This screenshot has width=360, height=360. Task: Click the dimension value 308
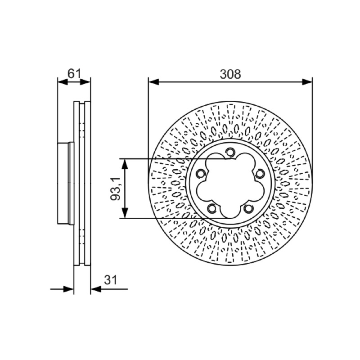point(230,74)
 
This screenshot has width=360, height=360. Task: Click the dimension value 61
point(74,73)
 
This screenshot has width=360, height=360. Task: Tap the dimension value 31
point(111,280)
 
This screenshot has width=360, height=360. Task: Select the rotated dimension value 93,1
point(116,189)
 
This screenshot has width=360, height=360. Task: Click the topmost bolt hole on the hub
point(230,152)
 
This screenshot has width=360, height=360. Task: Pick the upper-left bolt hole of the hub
point(201,174)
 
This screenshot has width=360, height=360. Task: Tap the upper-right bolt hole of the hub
point(260,174)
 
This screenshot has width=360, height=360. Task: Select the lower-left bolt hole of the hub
point(212,208)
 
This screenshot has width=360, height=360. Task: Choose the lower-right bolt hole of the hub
point(248,208)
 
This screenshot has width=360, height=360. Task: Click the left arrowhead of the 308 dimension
point(153,82)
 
